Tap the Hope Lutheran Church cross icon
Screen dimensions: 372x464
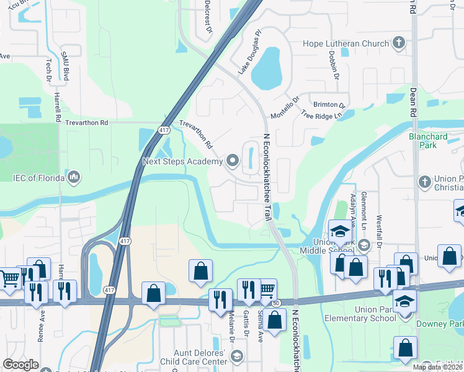point(398,43)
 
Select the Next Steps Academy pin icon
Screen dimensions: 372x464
point(233,161)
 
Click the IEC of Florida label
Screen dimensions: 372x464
point(38,178)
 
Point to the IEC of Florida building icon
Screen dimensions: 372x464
point(74,178)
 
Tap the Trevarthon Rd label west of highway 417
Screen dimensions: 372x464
point(87,123)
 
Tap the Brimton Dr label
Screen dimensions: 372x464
point(329,105)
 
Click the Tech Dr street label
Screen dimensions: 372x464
point(48,70)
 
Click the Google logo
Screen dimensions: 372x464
point(20,365)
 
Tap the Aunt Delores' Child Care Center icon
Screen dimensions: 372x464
point(236,356)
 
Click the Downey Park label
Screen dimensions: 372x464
point(448,324)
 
